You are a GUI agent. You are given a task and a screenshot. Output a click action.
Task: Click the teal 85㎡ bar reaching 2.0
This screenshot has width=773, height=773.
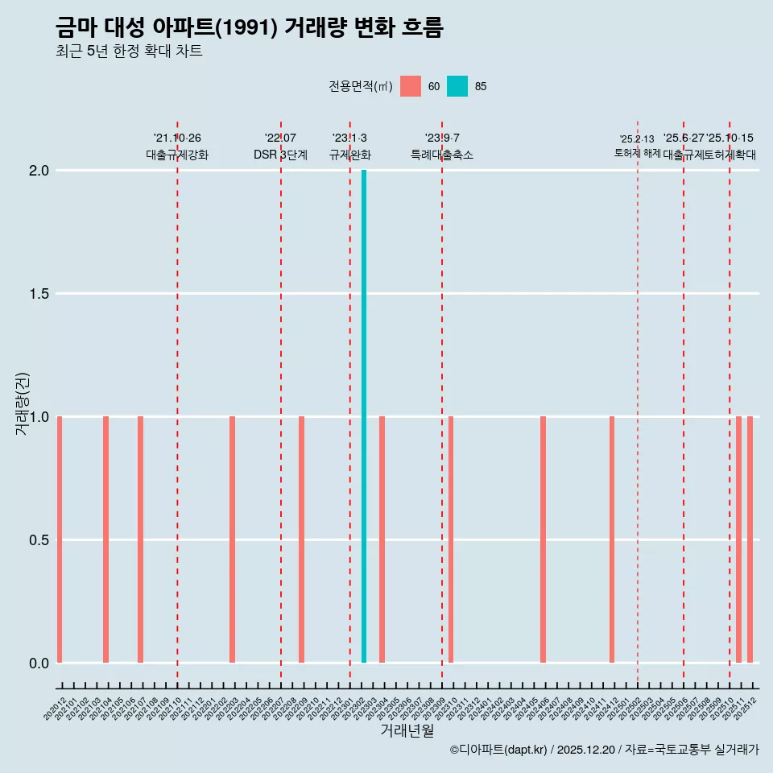364,416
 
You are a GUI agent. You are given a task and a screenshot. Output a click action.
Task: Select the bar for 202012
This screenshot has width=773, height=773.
60,539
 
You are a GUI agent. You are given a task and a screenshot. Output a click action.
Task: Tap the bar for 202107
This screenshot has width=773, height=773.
140,539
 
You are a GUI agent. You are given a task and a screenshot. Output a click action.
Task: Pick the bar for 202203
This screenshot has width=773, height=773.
232,539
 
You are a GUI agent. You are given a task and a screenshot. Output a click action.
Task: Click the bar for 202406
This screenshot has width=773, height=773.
543,539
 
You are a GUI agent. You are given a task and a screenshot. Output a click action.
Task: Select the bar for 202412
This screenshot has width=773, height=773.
612,539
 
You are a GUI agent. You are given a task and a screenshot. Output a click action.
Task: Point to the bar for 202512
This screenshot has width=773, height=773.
750,539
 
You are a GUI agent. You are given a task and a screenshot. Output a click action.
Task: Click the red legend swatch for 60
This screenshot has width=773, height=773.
411,86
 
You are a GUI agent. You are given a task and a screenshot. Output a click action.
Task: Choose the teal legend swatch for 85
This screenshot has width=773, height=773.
457,86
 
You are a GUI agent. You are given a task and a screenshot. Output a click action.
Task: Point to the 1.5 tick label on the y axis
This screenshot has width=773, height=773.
38,294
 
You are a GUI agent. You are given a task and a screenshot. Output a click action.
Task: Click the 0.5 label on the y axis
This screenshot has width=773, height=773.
38,540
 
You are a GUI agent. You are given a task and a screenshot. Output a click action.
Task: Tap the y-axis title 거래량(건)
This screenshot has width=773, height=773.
23,404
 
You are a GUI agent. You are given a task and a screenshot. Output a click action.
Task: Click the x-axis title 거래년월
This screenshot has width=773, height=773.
407,730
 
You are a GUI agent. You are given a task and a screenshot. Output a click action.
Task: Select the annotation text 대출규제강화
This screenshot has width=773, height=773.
177,155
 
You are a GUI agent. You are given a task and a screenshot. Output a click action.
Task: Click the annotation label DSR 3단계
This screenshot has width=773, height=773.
280,155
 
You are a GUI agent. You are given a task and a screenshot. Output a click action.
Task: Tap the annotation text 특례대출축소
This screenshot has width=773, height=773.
442,155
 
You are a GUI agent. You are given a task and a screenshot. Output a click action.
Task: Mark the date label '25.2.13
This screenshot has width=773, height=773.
637,139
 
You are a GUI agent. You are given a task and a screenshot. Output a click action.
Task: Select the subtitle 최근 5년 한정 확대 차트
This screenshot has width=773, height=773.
129,52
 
